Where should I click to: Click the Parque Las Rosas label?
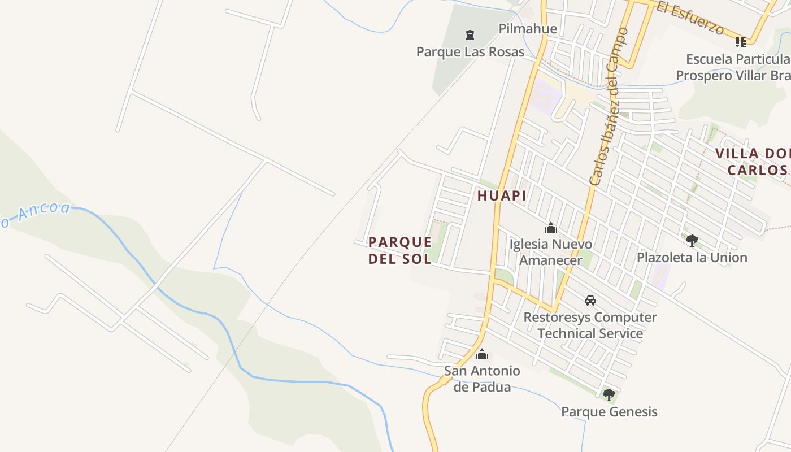pos(470,52)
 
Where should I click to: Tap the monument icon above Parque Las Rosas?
pos(470,36)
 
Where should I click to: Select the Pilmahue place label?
pos(528,29)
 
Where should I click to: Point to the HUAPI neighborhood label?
pos(502,196)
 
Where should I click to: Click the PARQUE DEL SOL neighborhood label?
pos(400,250)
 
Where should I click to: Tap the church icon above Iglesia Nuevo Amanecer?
pos(551,228)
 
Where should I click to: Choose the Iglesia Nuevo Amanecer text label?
pos(551,252)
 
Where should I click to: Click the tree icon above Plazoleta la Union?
pos(692,241)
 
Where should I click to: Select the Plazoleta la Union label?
pos(692,258)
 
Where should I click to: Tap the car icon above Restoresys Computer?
pos(590,301)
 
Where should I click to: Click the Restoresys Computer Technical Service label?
pos(590,325)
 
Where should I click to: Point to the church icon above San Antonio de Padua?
pos(482,355)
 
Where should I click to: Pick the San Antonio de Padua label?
pos(482,379)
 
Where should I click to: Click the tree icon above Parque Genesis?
pos(609,394)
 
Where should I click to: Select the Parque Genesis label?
pos(609,411)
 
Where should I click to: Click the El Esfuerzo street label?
pos(698,19)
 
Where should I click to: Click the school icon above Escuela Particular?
pos(740,42)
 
